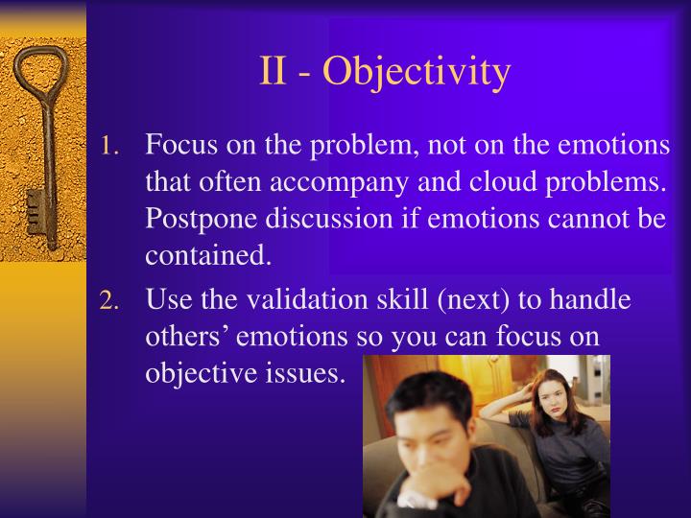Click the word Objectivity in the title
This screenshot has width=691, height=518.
[417, 73]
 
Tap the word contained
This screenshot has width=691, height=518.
[203, 255]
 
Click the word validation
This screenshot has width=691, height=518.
[313, 300]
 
